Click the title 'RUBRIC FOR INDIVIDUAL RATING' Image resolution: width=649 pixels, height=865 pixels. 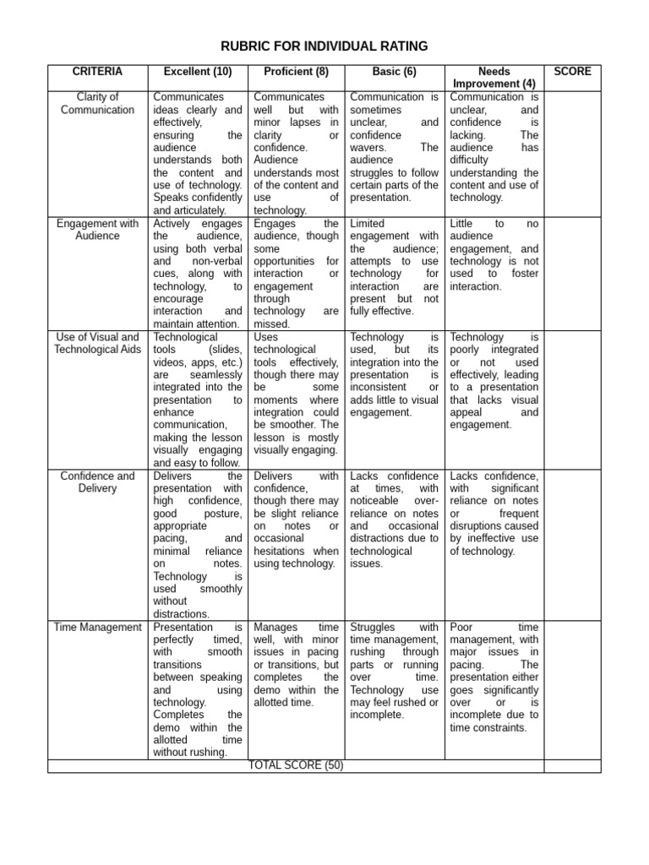pos(324,46)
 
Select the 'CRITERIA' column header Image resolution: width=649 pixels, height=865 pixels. pos(97,72)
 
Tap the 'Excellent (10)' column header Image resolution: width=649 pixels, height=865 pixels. pos(197,72)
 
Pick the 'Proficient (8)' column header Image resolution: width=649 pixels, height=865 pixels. pos(296,72)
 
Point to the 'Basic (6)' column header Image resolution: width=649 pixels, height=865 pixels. pos(395,72)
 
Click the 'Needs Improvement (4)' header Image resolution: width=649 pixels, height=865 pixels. pos(494,78)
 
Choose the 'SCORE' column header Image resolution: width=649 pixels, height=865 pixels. pos(572,72)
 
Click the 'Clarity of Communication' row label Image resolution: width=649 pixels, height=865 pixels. pos(97,103)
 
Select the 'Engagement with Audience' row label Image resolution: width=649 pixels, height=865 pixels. pos(97,230)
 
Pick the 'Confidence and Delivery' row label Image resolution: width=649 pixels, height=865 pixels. pos(97,482)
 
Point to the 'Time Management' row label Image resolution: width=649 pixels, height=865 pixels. pos(97,627)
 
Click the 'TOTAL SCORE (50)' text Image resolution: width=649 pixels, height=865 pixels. pos(296,765)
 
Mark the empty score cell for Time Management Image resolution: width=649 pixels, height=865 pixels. pos(572,688)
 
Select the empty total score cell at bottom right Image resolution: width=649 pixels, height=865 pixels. pos(572,765)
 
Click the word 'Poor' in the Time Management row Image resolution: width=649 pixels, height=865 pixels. pos(461,628)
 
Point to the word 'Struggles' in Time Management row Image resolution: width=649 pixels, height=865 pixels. pos(373,628)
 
